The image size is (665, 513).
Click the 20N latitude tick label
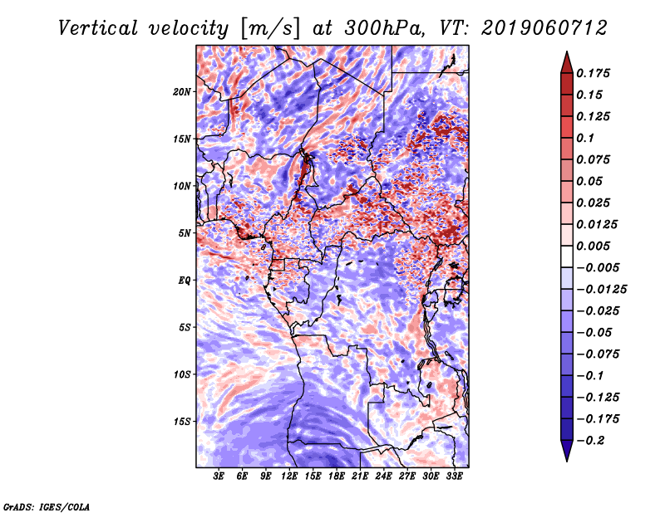pyautogui.click(x=182, y=92)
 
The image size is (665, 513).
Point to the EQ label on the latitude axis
pyautogui.click(x=185, y=281)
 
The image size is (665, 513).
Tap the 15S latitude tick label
pyautogui.click(x=182, y=422)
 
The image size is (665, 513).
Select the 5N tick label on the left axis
pyautogui.click(x=185, y=233)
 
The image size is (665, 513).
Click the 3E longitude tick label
pyautogui.click(x=219, y=476)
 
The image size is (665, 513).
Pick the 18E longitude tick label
pyautogui.click(x=337, y=476)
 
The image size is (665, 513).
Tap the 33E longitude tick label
pyautogui.click(x=454, y=476)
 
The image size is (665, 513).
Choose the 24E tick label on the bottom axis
pyautogui.click(x=383, y=476)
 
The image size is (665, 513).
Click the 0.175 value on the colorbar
pyautogui.click(x=593, y=73)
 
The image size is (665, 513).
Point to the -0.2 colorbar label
pyautogui.click(x=590, y=441)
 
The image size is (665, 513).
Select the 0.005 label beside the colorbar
pyautogui.click(x=593, y=246)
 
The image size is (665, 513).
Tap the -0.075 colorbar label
pyautogui.click(x=598, y=354)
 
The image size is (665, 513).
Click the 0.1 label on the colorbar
pyautogui.click(x=585, y=138)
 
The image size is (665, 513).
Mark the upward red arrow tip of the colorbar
pyautogui.click(x=567, y=51)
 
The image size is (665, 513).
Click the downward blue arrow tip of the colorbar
pyautogui.click(x=567, y=461)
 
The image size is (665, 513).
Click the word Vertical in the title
pyautogui.click(x=98, y=28)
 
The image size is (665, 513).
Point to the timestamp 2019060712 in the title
pyautogui.click(x=544, y=28)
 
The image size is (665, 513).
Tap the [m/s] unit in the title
pyautogui.click(x=270, y=29)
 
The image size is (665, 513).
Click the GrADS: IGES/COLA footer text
pyautogui.click(x=47, y=507)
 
